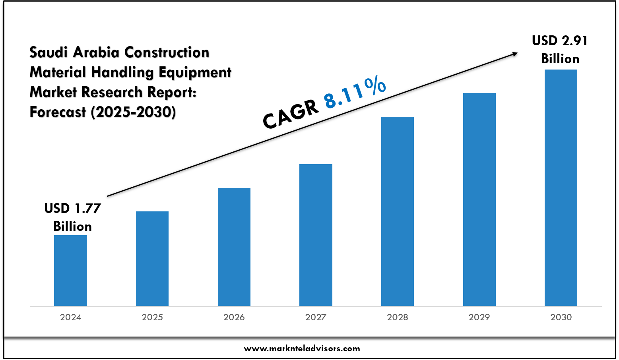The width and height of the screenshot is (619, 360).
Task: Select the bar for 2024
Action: tap(70, 271)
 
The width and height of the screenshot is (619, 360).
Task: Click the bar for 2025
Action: tap(152, 259)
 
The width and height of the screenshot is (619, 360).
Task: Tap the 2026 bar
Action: tap(234, 247)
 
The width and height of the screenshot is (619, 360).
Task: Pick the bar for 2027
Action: tap(316, 235)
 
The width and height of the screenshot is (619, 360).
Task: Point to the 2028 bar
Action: tap(398, 211)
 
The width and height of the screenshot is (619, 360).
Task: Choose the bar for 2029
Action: tap(479, 199)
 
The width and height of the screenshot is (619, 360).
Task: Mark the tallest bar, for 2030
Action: tap(561, 188)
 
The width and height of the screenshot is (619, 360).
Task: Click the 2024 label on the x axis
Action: tap(70, 317)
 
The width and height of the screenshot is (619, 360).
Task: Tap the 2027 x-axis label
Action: tap(316, 317)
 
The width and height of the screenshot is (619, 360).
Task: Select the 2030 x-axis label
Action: tap(561, 317)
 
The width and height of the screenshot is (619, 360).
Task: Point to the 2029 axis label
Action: tap(479, 317)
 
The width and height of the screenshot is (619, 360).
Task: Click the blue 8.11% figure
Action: tap(355, 93)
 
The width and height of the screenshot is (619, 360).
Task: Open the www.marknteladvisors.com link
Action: tap(302, 348)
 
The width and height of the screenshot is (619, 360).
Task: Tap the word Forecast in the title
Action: tap(58, 112)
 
